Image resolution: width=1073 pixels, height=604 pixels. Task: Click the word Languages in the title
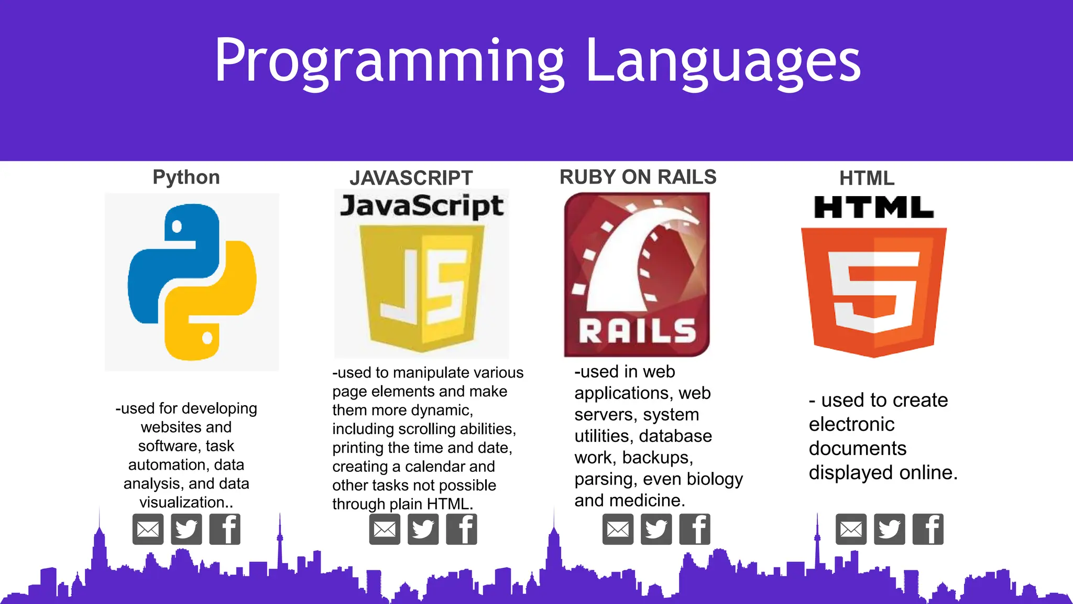[x=722, y=62]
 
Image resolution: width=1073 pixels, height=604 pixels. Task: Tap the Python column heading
[x=186, y=177]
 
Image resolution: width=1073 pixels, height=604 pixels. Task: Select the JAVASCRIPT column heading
[x=411, y=178]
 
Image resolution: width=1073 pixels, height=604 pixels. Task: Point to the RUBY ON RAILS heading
[x=638, y=177]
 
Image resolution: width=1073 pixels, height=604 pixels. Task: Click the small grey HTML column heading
[x=867, y=178]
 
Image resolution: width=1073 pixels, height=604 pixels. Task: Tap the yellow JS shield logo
[x=422, y=288]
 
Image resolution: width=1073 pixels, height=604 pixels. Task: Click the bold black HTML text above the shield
[x=873, y=208]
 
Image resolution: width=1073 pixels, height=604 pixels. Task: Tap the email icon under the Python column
[x=148, y=530]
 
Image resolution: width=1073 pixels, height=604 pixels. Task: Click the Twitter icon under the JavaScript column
[x=423, y=530]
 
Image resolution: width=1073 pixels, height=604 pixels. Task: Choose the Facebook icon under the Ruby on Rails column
[x=695, y=530]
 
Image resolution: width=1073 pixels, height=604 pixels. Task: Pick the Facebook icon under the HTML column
[x=928, y=530]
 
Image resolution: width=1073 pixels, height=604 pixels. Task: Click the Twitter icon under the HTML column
[x=889, y=530]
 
